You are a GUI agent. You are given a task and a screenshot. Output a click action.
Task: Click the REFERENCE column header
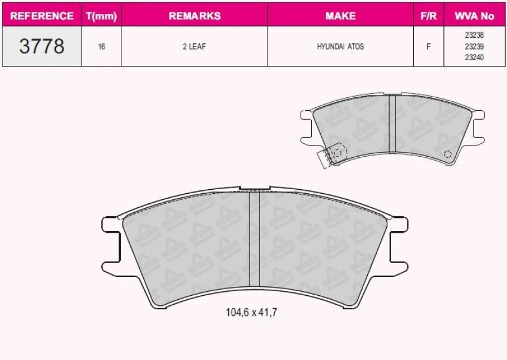point(42,15)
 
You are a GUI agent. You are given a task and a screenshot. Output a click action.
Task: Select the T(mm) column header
point(101,16)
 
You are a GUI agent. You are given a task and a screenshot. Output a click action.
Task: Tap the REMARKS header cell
point(195,15)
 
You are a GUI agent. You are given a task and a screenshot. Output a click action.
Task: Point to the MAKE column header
point(341,15)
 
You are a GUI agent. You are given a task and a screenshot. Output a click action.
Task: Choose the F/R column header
point(429,15)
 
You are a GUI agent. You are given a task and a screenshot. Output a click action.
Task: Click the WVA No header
point(475,15)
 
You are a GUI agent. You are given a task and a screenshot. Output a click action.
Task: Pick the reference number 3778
point(42,46)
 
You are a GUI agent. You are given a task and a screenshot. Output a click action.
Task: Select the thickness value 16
point(101,47)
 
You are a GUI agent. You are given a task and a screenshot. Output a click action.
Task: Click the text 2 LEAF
point(195,46)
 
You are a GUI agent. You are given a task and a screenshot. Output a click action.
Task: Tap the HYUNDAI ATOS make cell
point(341,46)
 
